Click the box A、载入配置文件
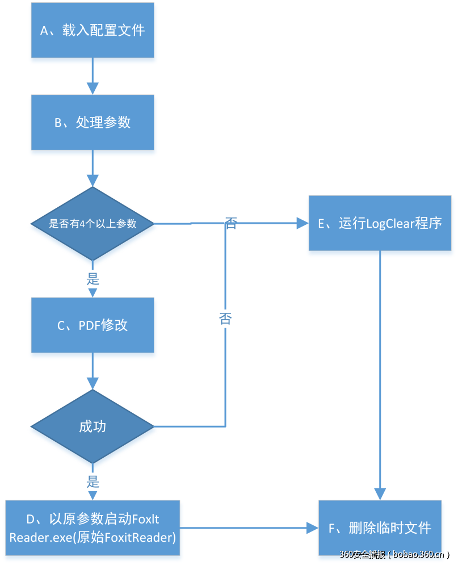tap(93, 30)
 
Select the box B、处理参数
tap(93, 122)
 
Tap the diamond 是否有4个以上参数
tap(93, 224)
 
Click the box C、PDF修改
tap(93, 325)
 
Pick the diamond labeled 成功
tap(93, 426)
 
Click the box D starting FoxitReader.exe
tap(93, 528)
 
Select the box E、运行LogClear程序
tap(380, 223)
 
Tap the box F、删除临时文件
tap(380, 528)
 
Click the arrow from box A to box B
tap(93, 76)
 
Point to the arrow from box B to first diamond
tap(93, 168)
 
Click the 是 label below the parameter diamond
tap(93, 279)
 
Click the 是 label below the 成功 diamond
tap(93, 482)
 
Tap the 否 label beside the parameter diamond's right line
tap(230, 223)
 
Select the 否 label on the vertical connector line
tap(225, 318)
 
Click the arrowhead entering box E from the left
tap(302, 223)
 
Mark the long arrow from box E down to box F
tap(380, 375)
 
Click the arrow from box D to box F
tap(250, 528)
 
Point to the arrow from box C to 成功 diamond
tap(93, 371)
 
